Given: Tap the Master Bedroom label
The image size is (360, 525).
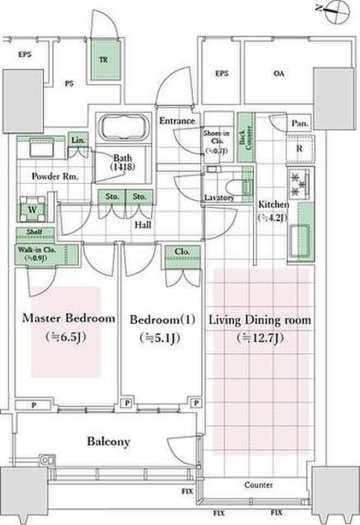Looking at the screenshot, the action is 68,318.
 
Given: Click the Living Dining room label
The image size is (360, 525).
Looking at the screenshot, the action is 260,320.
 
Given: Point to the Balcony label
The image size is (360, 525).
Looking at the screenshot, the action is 108,441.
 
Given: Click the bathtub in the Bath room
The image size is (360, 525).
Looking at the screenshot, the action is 123,130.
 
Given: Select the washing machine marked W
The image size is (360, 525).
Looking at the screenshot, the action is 31,208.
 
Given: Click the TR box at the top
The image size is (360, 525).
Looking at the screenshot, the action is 103,60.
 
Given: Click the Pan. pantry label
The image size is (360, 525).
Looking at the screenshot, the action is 299,124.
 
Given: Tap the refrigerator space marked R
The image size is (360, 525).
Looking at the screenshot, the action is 300,148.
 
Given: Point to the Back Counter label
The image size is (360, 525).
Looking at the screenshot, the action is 246,137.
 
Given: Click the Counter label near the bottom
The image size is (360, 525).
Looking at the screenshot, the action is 258,485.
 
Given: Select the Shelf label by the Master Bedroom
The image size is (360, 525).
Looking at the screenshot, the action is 33,232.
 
